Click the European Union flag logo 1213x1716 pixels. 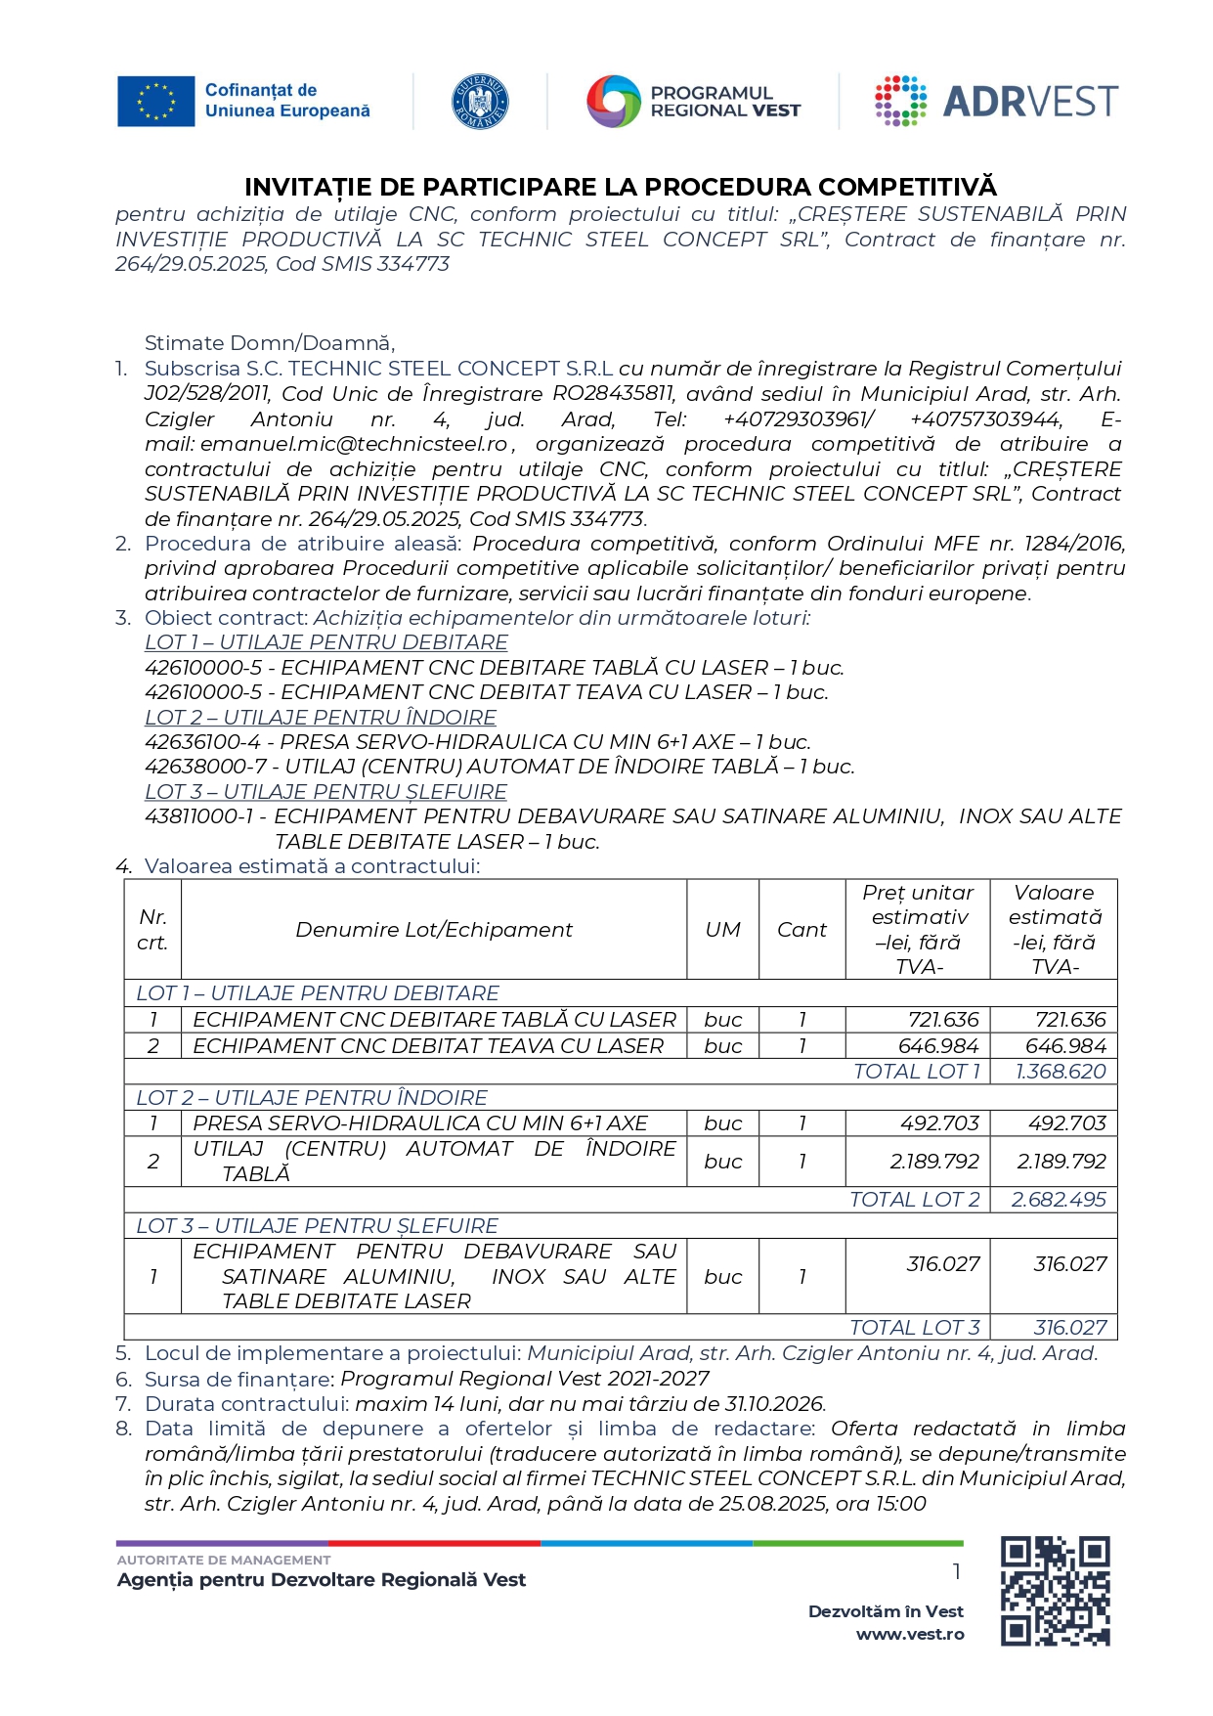tap(155, 102)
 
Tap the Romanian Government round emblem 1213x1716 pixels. tap(480, 102)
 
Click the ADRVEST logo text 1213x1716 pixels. tap(1029, 102)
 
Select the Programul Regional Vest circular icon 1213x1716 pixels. tap(613, 102)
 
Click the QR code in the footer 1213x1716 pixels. tap(1055, 1591)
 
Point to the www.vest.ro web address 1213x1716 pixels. tap(910, 1634)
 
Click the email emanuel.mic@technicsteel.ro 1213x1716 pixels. tap(354, 444)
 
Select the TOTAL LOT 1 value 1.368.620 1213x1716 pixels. tap(1061, 1072)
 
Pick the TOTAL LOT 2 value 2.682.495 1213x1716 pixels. tap(1059, 1200)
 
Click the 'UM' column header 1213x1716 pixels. tap(723, 930)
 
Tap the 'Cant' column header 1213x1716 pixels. tap(801, 930)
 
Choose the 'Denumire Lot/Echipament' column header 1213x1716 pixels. tap(434, 930)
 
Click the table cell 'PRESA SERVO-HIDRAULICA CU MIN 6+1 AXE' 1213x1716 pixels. tap(420, 1123)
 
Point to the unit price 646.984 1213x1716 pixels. tap(938, 1046)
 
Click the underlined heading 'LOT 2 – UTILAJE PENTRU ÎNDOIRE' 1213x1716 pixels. tap(321, 718)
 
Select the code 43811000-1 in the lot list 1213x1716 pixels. tap(199, 816)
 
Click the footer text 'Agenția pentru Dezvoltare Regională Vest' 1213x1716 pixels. tap(322, 1580)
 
